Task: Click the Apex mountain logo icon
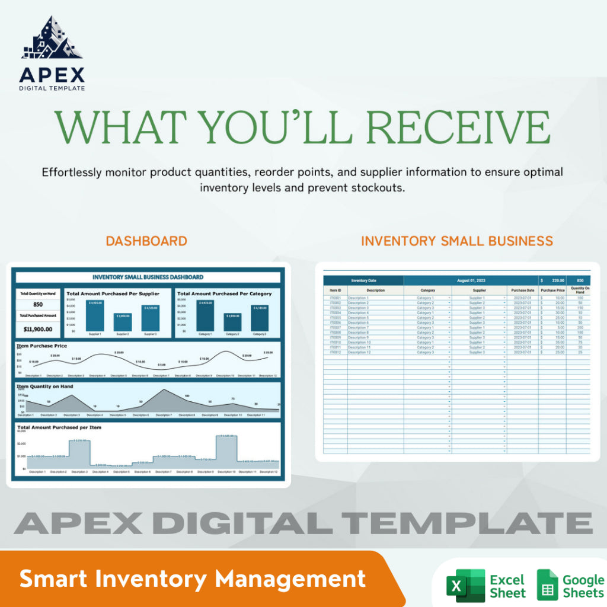tap(52, 38)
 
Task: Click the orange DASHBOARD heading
tap(146, 241)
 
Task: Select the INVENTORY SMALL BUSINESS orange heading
tap(456, 241)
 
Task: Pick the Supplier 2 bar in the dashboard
tap(122, 322)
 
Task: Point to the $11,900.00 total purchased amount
tap(37, 329)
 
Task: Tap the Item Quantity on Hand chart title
tap(45, 386)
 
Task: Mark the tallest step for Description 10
tap(226, 449)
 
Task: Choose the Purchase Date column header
tap(522, 290)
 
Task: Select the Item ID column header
tap(335, 290)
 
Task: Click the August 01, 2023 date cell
tap(471, 280)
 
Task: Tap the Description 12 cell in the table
tap(359, 352)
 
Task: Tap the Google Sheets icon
tap(547, 585)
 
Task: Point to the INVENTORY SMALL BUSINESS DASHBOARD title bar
tap(148, 277)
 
